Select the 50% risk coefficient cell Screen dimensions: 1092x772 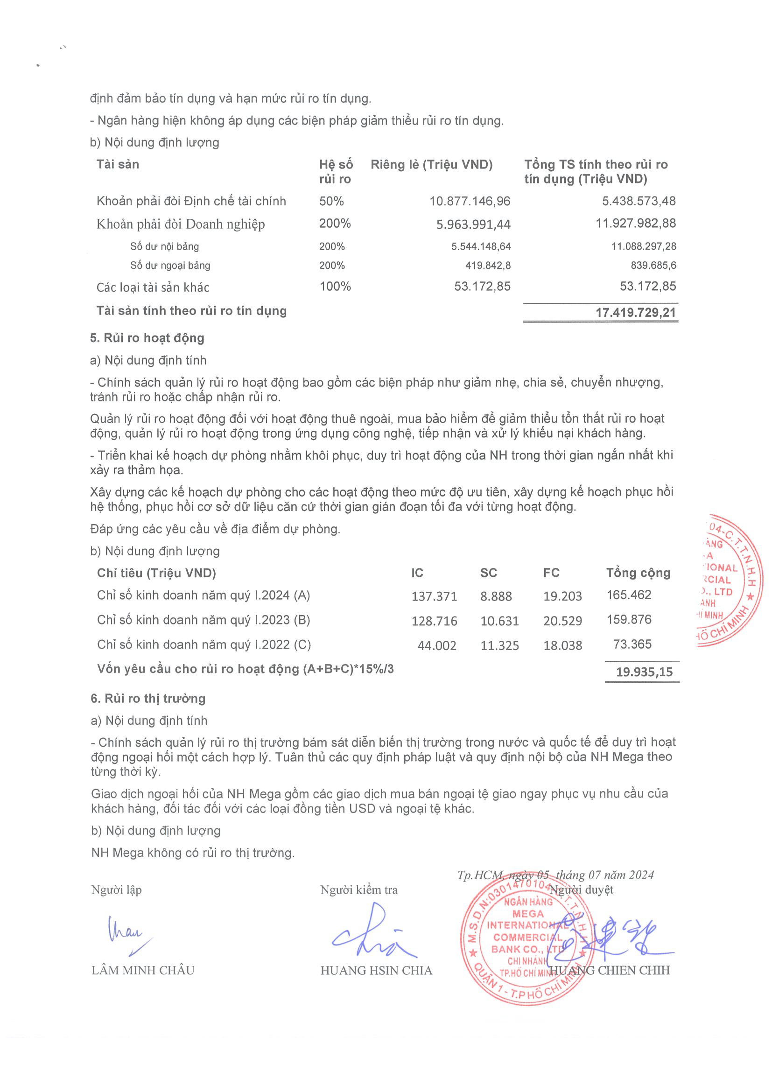pos(331,201)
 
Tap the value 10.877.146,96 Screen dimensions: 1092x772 pos(470,201)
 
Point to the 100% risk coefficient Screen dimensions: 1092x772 pos(335,287)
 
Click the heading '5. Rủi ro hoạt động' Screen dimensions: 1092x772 pos(147,338)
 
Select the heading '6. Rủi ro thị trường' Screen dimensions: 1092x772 pos(148,698)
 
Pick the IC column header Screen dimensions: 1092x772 pos(417,573)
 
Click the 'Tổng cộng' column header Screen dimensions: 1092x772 pos(638,573)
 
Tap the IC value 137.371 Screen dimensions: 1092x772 pos(434,596)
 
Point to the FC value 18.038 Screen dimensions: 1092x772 pos(562,645)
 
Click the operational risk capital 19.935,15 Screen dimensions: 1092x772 pos(644,672)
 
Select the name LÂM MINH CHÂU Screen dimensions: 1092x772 pos(143,970)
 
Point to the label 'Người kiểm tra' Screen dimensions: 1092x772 pos(358,890)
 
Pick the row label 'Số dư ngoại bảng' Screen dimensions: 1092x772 pos(170,266)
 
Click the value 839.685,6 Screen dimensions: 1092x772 pos(653,266)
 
